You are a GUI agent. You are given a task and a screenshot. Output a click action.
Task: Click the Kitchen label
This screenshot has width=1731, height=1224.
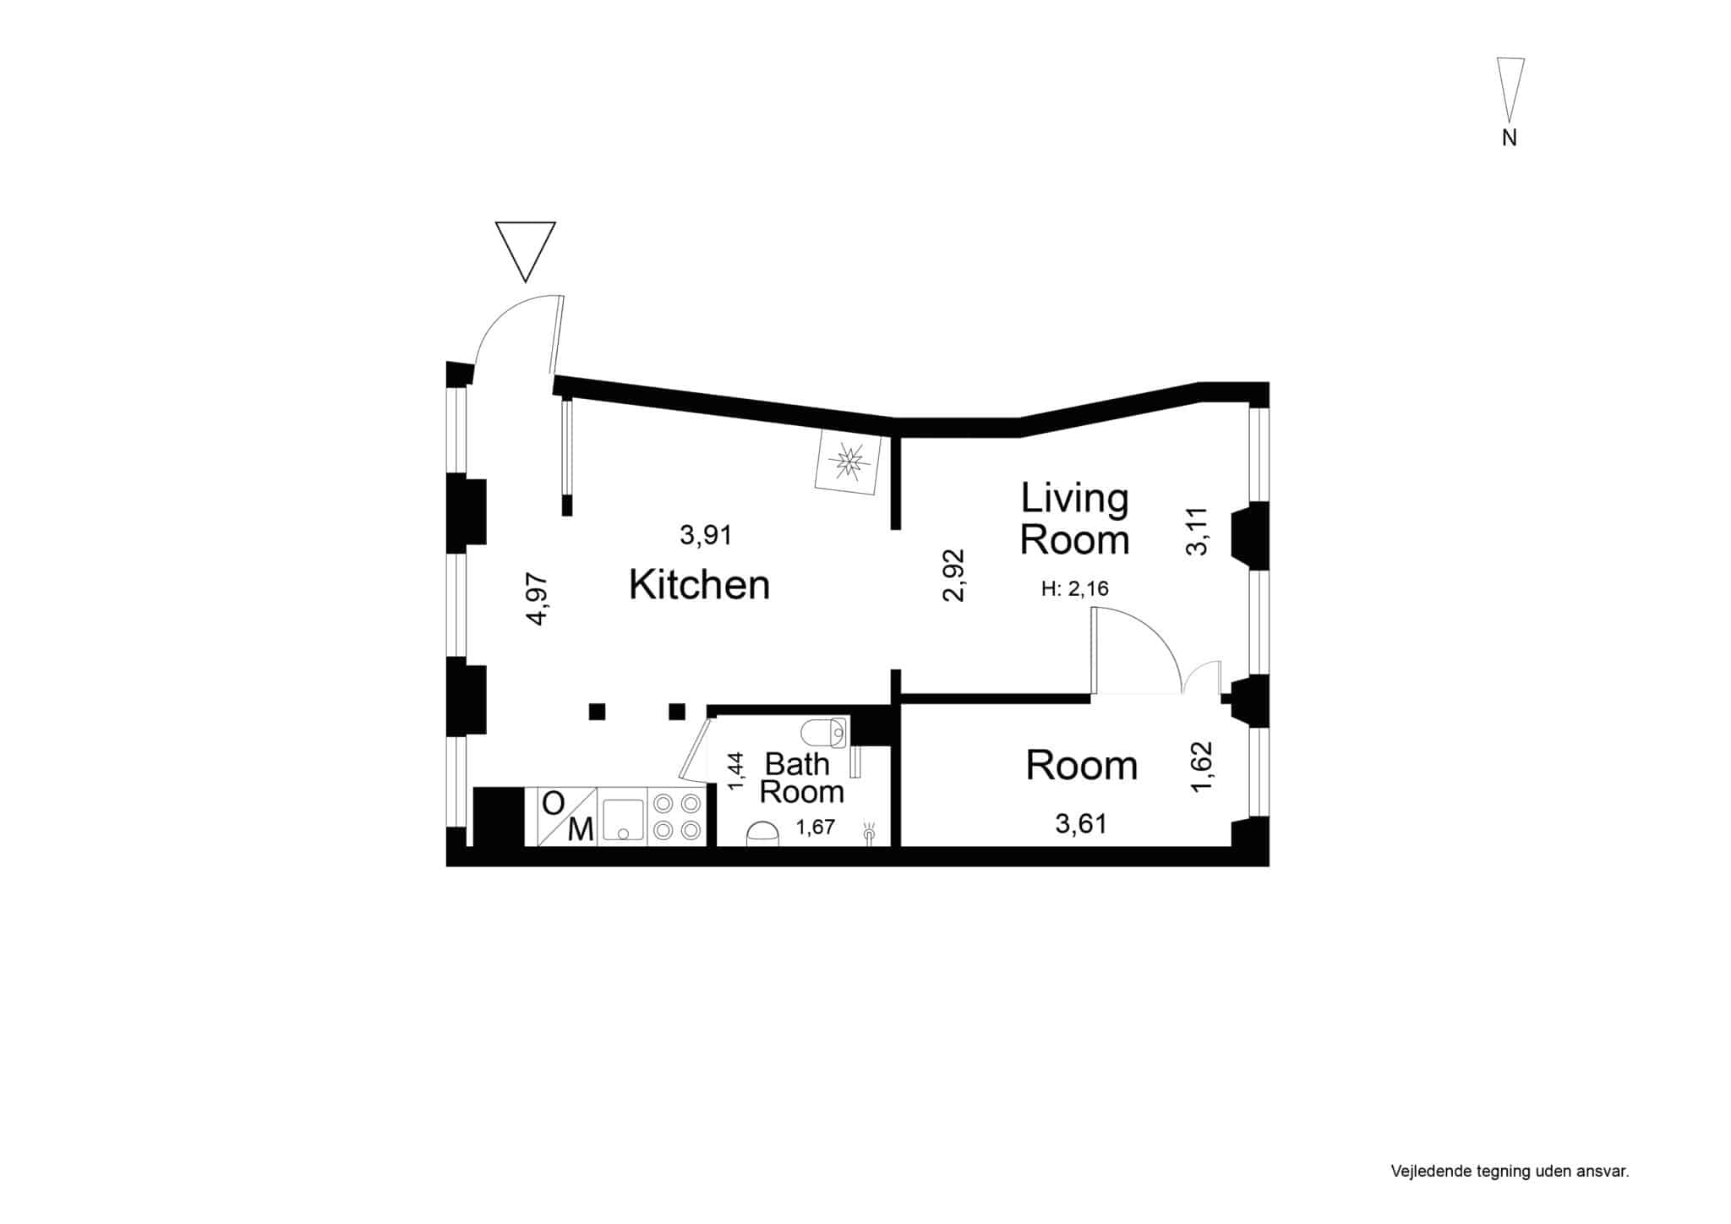pyautogui.click(x=699, y=584)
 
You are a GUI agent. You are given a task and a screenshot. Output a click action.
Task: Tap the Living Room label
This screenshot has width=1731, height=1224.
pyautogui.click(x=1074, y=519)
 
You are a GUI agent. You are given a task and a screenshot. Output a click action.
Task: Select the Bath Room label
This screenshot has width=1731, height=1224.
pyautogui.click(x=801, y=778)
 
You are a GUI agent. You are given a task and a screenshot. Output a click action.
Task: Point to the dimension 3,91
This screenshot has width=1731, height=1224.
pyautogui.click(x=706, y=535)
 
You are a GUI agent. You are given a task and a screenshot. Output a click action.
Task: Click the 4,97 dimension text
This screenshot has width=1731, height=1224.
pyautogui.click(x=538, y=599)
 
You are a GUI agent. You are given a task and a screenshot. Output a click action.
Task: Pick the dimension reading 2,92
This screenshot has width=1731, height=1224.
pyautogui.click(x=953, y=576)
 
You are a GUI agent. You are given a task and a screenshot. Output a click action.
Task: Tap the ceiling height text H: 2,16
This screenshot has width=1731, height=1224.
pyautogui.click(x=1075, y=589)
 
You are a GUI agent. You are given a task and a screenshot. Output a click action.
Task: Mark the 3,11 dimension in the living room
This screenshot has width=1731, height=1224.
pyautogui.click(x=1198, y=531)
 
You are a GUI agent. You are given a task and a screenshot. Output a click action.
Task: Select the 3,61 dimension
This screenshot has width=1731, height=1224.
pyautogui.click(x=1081, y=823)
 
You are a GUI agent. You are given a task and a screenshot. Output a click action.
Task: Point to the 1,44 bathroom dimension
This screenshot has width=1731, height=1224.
pyautogui.click(x=736, y=771)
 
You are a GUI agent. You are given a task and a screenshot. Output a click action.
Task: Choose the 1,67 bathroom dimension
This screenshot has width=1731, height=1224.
pyautogui.click(x=816, y=828)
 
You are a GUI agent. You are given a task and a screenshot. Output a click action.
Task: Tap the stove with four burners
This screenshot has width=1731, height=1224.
pyautogui.click(x=677, y=817)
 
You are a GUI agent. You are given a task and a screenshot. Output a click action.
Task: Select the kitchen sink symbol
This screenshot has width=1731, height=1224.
pyautogui.click(x=623, y=817)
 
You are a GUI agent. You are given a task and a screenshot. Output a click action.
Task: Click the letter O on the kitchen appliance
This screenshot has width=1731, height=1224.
pyautogui.click(x=553, y=803)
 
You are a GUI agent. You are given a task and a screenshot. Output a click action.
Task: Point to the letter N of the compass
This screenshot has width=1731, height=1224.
pyautogui.click(x=1510, y=138)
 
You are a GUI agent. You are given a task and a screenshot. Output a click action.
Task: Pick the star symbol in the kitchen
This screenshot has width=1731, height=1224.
pyautogui.click(x=847, y=462)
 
